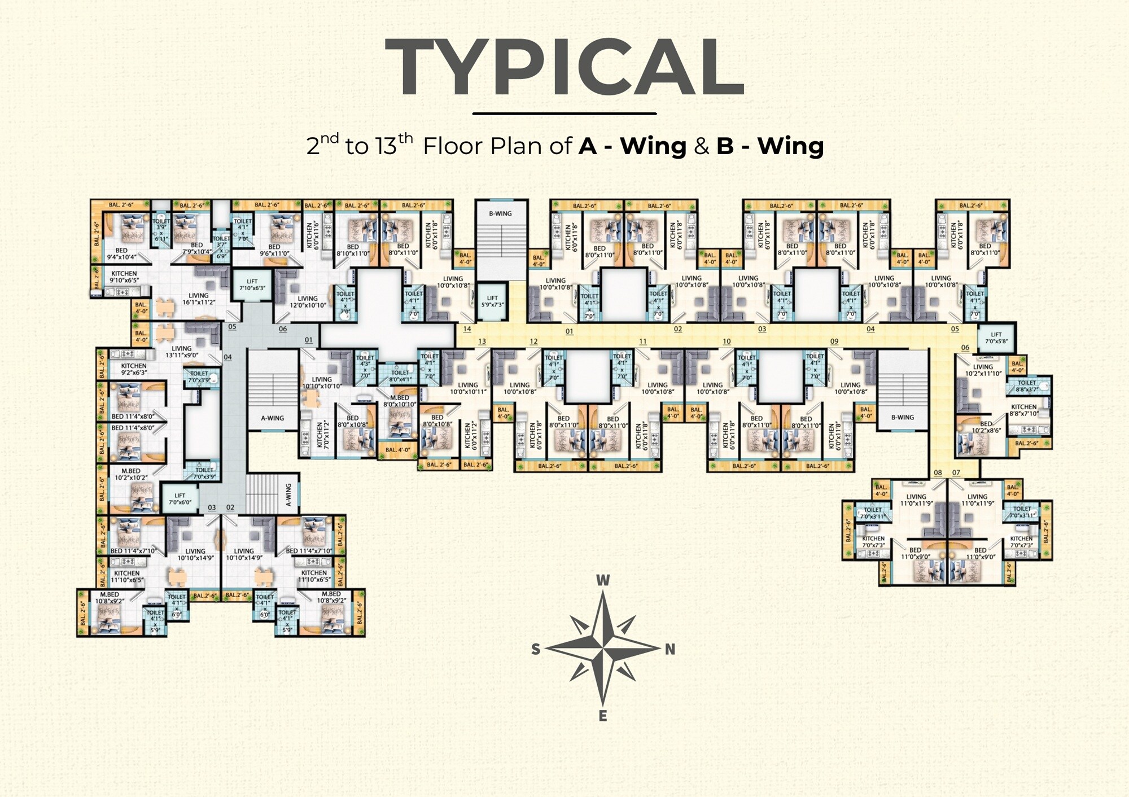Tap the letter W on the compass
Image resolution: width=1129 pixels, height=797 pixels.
[x=603, y=580]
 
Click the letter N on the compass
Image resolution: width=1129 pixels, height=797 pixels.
[x=670, y=649]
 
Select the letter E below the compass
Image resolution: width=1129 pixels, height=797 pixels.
[x=603, y=716]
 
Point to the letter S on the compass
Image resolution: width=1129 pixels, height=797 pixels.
[x=536, y=649]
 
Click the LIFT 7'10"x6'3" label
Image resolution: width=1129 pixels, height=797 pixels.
[x=252, y=285]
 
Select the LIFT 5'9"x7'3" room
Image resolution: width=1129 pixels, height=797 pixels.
[x=492, y=301]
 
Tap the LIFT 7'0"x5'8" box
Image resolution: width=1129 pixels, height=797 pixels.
[x=996, y=338]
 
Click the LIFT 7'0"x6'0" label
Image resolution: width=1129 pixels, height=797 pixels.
[x=180, y=498]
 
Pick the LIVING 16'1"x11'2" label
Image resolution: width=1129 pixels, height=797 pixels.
[x=198, y=299]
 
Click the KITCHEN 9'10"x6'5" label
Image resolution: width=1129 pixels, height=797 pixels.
[x=124, y=277]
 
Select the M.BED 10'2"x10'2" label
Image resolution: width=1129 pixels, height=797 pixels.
[x=131, y=474]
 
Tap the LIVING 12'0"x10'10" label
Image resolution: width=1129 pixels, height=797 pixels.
[x=308, y=302]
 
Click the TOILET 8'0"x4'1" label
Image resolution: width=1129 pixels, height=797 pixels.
[x=400, y=376]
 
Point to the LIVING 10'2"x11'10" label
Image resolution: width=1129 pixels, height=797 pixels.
[x=983, y=370]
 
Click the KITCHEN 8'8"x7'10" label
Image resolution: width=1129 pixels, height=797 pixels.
[x=1023, y=410]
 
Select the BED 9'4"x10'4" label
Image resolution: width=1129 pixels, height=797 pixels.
[x=121, y=253]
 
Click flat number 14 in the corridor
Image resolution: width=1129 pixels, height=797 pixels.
[x=467, y=329]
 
